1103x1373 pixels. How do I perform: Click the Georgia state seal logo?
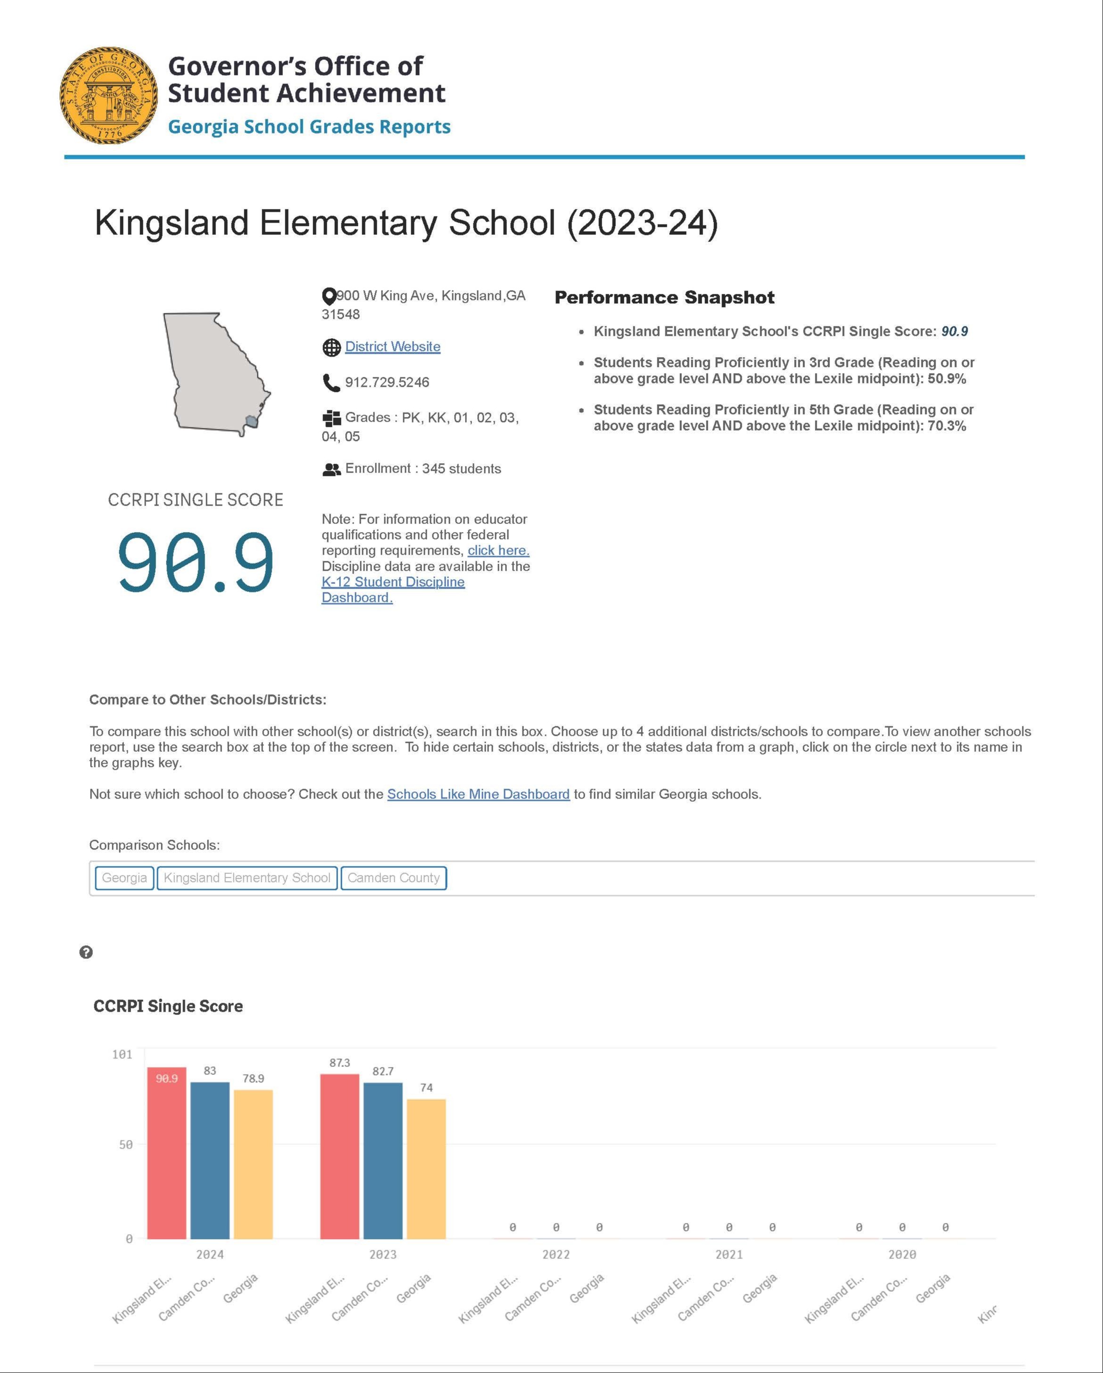coord(108,95)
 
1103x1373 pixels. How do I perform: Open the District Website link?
coord(392,347)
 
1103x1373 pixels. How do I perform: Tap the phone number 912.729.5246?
coord(387,382)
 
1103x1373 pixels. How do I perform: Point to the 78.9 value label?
coord(253,1078)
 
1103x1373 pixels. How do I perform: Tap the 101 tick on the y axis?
coord(122,1055)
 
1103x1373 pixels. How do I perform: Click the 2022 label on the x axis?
coord(556,1255)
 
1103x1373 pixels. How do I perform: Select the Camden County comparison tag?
coord(394,878)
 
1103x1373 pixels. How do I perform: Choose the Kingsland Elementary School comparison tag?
coord(247,878)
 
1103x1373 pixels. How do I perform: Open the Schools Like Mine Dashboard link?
coord(478,794)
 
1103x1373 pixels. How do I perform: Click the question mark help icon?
coord(86,952)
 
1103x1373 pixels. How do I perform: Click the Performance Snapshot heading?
coord(664,298)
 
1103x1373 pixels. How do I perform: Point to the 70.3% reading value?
coord(946,426)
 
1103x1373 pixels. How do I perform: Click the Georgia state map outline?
coord(213,369)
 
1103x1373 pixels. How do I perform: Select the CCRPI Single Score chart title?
coord(168,1006)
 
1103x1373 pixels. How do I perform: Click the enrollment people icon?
coord(331,469)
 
